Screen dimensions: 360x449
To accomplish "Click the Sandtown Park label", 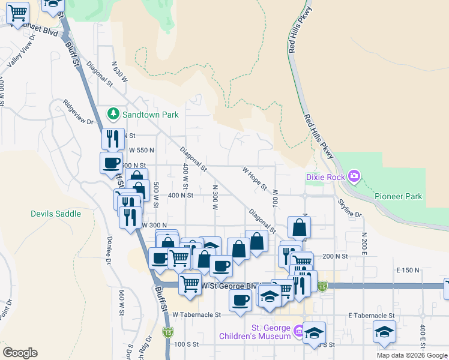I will coord(143,113).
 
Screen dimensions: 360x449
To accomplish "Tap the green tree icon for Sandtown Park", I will coord(112,113).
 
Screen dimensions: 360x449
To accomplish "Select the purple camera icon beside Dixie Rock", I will coord(354,176).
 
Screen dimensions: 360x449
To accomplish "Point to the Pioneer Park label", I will coord(398,196).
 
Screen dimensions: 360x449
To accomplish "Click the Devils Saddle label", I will coord(56,214).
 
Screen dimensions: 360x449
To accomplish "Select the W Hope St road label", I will coord(255,178).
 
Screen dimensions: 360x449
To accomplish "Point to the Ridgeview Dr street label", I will coord(79,112).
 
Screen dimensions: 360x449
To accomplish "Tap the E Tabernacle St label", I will coord(371,315).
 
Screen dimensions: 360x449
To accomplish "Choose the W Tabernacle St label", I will coord(197,314).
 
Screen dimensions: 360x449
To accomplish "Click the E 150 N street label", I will coord(408,271).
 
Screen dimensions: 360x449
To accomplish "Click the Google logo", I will coord(20,353).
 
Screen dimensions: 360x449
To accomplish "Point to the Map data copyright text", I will coord(412,355).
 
